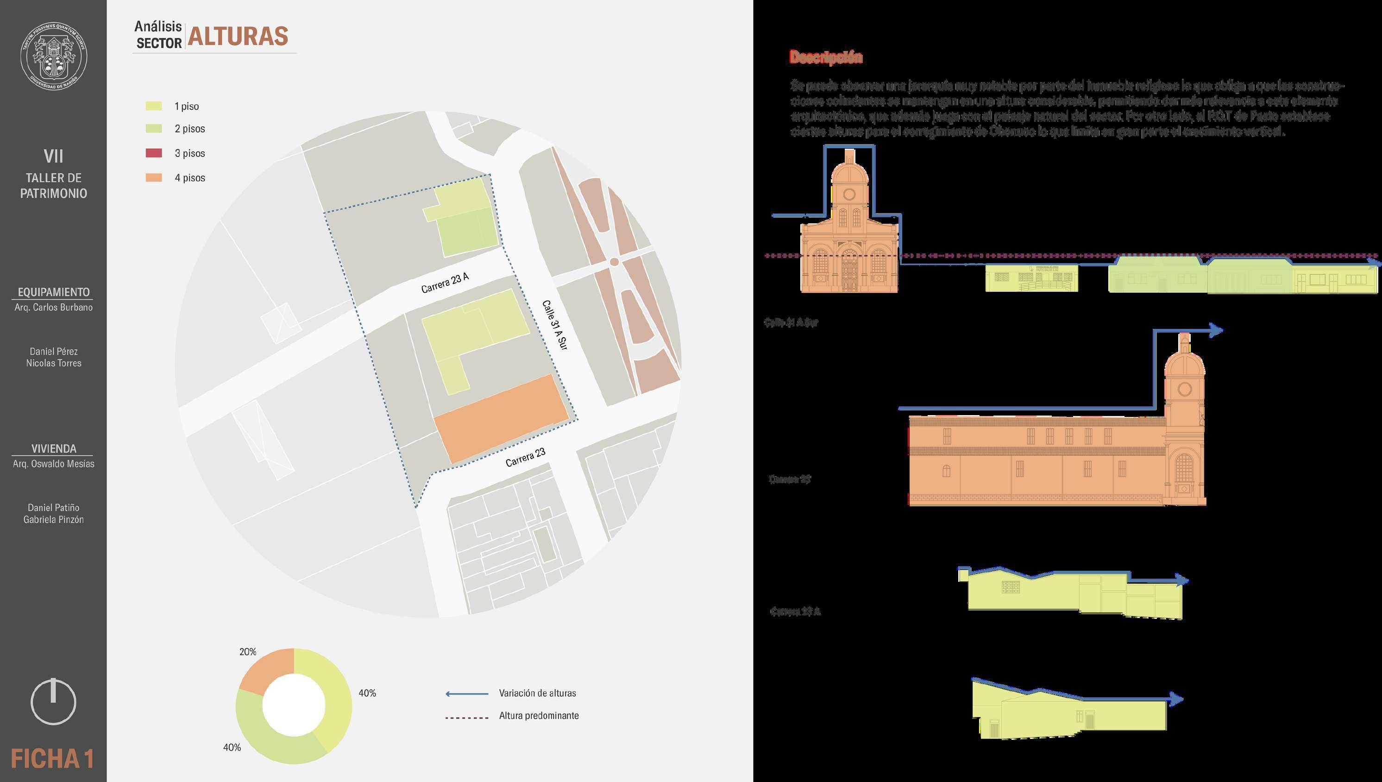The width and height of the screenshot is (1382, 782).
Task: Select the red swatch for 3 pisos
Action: coord(154,153)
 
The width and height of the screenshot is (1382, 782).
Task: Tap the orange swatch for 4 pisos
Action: coord(154,178)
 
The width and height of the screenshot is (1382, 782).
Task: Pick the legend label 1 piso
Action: coord(186,107)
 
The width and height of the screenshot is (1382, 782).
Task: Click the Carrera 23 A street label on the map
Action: coord(445,283)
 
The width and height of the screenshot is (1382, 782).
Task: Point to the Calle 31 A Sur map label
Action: coord(554,325)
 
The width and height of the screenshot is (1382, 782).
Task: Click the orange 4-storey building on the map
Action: coord(500,418)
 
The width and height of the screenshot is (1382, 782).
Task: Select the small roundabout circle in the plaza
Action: coord(614,262)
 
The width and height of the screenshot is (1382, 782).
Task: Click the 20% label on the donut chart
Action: coord(247,651)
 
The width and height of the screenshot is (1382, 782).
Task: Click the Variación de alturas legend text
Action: coord(537,694)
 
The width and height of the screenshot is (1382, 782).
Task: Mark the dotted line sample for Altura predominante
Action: coord(466,718)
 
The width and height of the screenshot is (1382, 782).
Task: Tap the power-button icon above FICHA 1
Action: coord(53,701)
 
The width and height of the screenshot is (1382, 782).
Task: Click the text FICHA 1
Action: coord(53,759)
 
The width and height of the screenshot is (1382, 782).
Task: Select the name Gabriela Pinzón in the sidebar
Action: coord(54,519)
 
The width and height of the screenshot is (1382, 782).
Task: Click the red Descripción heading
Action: coord(826,57)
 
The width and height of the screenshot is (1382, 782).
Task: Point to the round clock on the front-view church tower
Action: coord(849,194)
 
